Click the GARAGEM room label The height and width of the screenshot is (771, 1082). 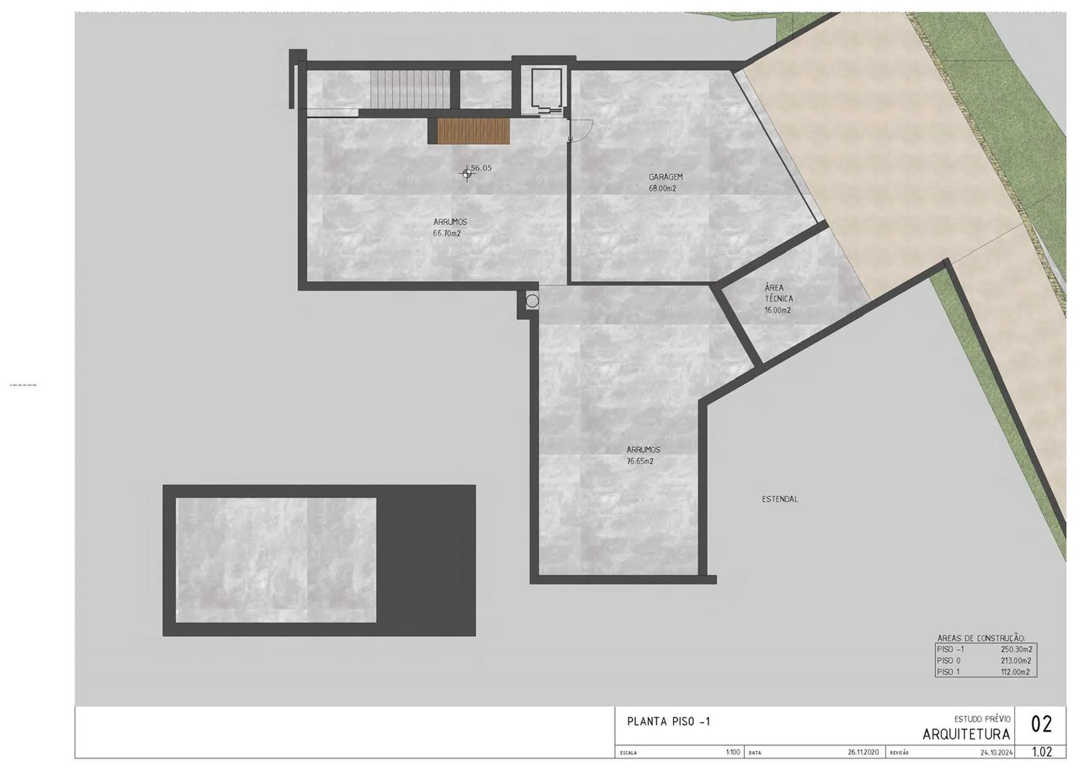(666, 177)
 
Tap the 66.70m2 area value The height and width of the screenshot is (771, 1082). (447, 233)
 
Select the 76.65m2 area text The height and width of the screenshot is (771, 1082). (640, 461)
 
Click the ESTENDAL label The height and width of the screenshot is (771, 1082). (780, 499)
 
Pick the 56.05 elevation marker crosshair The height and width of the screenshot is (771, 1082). (467, 174)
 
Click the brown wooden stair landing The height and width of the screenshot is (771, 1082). (473, 131)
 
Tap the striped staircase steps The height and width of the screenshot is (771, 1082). (410, 89)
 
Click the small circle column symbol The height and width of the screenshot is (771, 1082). (532, 301)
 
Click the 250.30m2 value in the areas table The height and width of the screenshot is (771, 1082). (1016, 649)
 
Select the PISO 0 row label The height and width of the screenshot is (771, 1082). (948, 660)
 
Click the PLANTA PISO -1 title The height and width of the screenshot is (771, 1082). (669, 722)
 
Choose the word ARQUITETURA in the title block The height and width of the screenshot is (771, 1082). (966, 735)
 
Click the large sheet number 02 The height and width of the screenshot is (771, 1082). (1041, 725)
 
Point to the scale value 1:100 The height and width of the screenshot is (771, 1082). (733, 752)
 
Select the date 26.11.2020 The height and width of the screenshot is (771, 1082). (863, 752)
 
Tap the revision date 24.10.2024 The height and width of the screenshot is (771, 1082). (997, 752)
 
